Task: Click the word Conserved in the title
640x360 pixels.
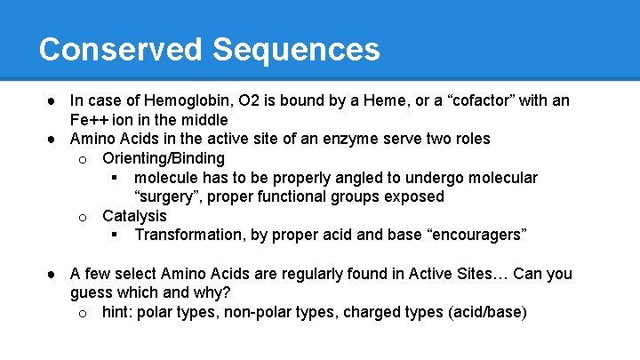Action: coord(120,49)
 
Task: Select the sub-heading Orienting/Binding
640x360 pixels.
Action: coord(163,158)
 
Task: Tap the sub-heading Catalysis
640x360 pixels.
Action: coord(134,216)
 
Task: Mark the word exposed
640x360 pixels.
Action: coord(413,196)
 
